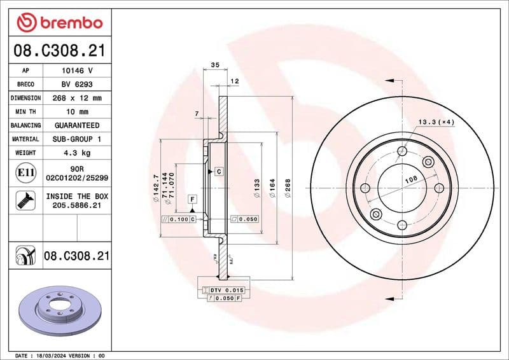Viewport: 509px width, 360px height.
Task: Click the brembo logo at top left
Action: click(x=59, y=23)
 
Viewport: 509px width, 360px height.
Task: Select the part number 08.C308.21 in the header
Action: click(x=59, y=51)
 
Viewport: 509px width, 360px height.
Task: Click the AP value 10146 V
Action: click(x=77, y=71)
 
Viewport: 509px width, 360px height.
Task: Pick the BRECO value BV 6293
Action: click(x=77, y=85)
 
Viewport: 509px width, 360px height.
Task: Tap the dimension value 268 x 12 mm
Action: click(x=77, y=98)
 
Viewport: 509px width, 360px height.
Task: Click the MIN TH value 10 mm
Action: click(x=77, y=112)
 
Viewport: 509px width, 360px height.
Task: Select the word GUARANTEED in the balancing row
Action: click(x=77, y=125)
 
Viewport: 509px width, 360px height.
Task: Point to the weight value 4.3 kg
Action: click(x=77, y=153)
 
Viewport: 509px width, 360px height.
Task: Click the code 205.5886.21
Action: click(x=77, y=205)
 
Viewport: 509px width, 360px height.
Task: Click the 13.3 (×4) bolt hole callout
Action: click(x=436, y=121)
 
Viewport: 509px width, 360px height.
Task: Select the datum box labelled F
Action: click(x=191, y=200)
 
